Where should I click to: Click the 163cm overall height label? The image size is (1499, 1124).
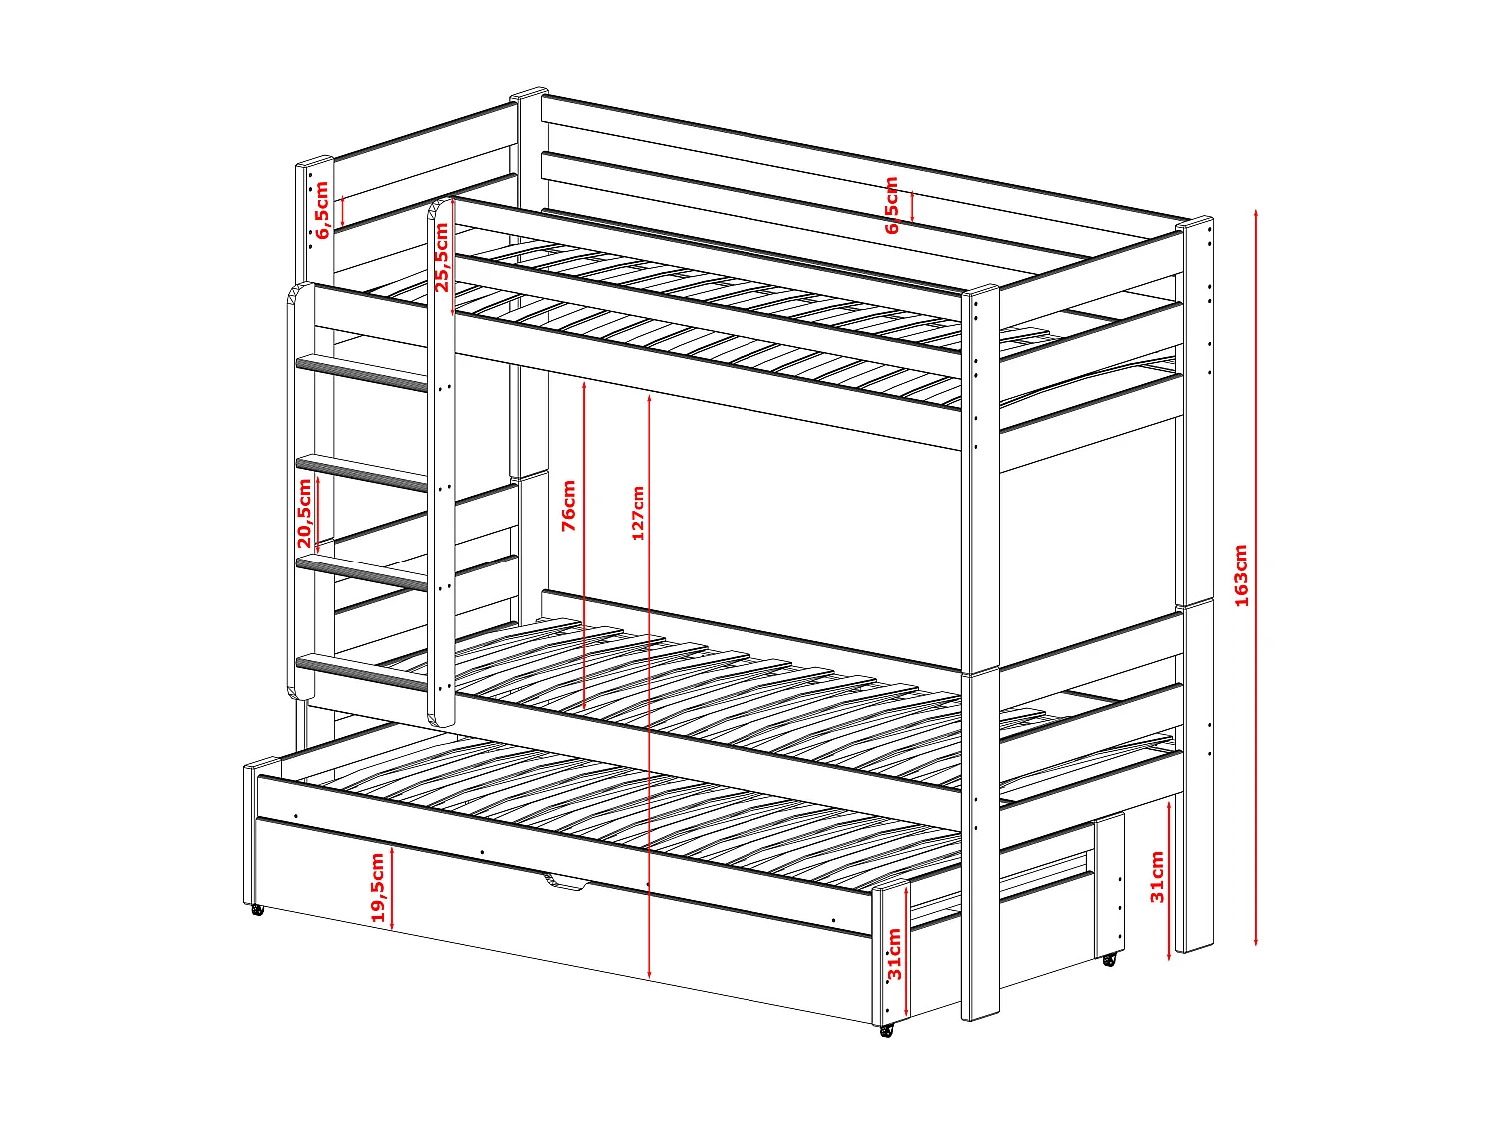pyautogui.click(x=1241, y=575)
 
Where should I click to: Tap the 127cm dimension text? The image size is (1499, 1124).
pyautogui.click(x=638, y=513)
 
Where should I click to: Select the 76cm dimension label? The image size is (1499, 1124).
pyautogui.click(x=569, y=505)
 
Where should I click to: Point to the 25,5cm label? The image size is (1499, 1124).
pyautogui.click(x=441, y=257)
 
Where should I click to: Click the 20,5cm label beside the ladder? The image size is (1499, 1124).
pyautogui.click(x=305, y=512)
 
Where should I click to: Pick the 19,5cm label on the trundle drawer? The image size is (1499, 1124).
pyautogui.click(x=378, y=887)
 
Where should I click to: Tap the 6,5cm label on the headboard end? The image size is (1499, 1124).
pyautogui.click(x=321, y=209)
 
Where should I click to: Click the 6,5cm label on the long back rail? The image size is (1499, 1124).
pyautogui.click(x=892, y=205)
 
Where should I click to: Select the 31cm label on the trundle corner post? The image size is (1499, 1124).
pyautogui.click(x=894, y=954)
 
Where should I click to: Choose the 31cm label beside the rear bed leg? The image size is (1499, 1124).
pyautogui.click(x=1157, y=876)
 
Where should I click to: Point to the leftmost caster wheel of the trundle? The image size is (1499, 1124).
pyautogui.click(x=257, y=910)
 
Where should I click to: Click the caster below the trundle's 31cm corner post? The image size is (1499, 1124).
pyautogui.click(x=886, y=1030)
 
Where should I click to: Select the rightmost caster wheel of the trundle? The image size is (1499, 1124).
pyautogui.click(x=1109, y=959)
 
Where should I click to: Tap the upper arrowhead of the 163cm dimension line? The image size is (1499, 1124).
pyautogui.click(x=1256, y=213)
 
